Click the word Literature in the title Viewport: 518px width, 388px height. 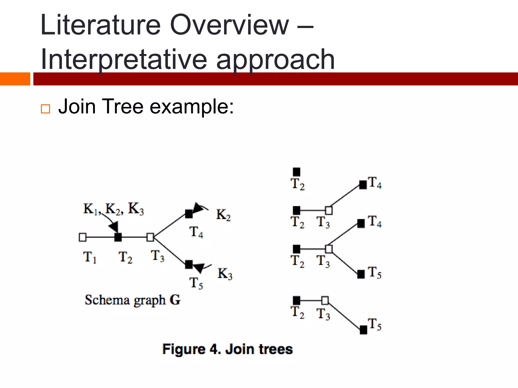coord(100,25)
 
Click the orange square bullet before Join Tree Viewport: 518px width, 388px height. coord(45,109)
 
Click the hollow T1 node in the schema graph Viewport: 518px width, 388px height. coord(82,237)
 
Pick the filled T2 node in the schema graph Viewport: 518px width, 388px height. coord(118,237)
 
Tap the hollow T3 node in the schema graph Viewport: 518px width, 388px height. coord(150,237)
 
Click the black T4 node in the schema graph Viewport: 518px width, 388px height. coord(189,214)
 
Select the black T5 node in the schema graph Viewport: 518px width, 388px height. coord(189,264)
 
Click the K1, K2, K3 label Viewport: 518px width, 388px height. coord(113,209)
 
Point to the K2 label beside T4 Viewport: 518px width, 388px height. coord(223,215)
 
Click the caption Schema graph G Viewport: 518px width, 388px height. coord(132,300)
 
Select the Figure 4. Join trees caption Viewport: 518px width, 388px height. coord(227,349)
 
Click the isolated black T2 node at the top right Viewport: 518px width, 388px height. coord(296,172)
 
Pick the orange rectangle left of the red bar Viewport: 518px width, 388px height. coord(15,79)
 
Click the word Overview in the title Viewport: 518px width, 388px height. coord(229,25)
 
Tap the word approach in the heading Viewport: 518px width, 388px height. coord(275,60)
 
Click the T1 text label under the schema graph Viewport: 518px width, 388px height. coord(90,257)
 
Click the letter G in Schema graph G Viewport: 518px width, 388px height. coord(175,300)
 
